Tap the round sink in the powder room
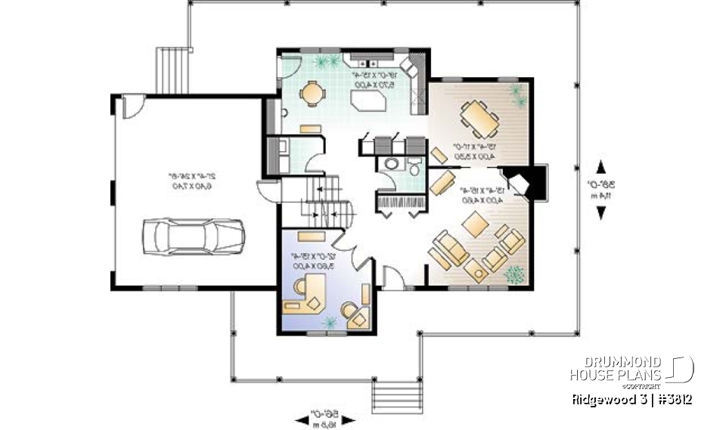[391, 164]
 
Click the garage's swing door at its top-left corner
[132, 106]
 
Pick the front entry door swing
[392, 277]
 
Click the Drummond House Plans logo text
[616, 369]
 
